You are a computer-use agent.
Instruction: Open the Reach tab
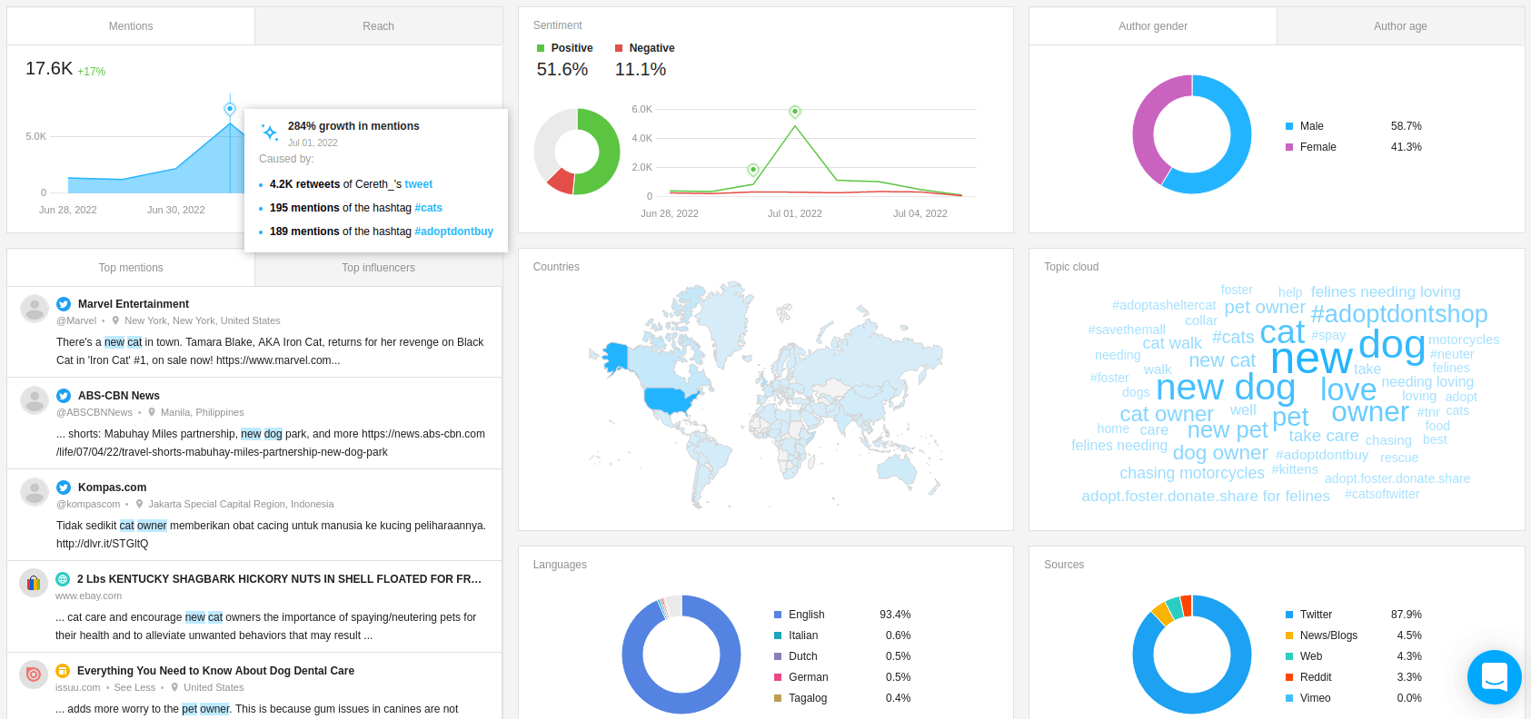[378, 26]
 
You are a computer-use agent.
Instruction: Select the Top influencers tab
[378, 268]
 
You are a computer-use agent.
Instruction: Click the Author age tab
[1400, 26]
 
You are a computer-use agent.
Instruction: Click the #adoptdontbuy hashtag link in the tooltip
[453, 231]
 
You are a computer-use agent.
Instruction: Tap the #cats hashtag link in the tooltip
[429, 208]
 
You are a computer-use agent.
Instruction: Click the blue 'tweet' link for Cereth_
[418, 184]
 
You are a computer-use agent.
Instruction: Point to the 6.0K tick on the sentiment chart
[641, 109]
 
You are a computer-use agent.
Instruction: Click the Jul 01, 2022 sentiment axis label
[794, 213]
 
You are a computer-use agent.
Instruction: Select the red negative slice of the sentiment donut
[562, 181]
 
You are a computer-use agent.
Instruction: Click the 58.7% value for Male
[1406, 126]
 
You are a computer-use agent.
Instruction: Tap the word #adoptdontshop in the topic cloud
[1399, 314]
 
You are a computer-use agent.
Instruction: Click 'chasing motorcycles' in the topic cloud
[1192, 473]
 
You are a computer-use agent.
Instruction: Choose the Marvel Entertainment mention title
[134, 304]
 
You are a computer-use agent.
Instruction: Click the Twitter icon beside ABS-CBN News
[64, 395]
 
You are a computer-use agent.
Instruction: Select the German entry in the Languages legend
[808, 677]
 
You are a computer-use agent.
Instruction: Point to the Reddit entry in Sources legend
[1315, 677]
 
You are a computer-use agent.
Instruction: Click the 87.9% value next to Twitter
[1406, 615]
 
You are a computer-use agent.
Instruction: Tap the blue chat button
[1495, 676]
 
